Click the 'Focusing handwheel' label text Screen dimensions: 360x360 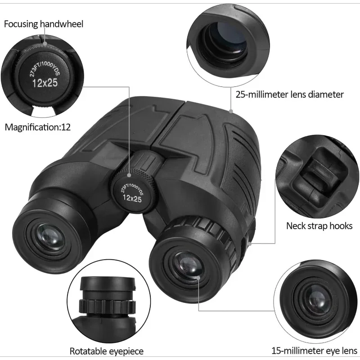pyautogui.click(x=44, y=24)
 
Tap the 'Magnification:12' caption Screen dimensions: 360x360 pyautogui.click(x=38, y=127)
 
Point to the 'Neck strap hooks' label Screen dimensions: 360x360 pyautogui.click(x=319, y=225)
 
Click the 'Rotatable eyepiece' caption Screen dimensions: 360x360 pyautogui.click(x=106, y=351)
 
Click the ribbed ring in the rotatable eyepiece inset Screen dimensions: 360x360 pyautogui.click(x=108, y=306)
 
